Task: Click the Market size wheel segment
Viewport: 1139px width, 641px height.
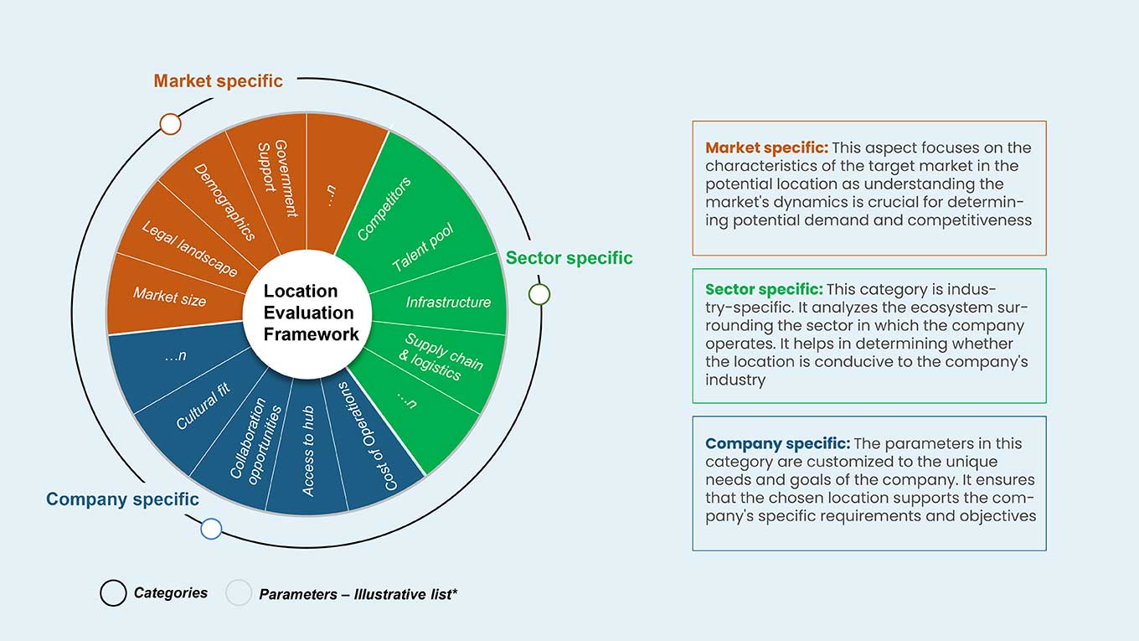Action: click(x=169, y=297)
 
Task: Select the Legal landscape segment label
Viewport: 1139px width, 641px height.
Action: click(x=189, y=249)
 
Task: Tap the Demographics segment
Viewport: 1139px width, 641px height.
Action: click(x=224, y=201)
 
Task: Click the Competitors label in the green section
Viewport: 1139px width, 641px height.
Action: click(x=384, y=209)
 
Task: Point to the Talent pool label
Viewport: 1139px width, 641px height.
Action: click(x=423, y=247)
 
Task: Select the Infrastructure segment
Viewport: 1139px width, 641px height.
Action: click(x=448, y=302)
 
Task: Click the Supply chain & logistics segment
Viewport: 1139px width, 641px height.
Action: click(x=441, y=357)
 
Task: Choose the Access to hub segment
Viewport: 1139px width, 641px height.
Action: click(x=308, y=451)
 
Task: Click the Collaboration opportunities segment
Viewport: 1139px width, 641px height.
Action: click(x=255, y=442)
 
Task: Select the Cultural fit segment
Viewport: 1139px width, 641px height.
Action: click(x=203, y=406)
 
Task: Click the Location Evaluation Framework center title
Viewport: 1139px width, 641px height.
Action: click(x=311, y=313)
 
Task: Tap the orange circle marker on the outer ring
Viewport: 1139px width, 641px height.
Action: click(x=170, y=124)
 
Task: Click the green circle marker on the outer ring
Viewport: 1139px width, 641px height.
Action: click(x=539, y=294)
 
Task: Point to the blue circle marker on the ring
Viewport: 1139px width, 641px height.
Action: click(x=211, y=529)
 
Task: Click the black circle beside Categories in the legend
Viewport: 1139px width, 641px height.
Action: click(x=113, y=592)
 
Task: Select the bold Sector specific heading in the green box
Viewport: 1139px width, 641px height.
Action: click(x=764, y=289)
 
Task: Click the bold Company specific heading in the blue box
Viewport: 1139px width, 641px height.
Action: click(x=777, y=443)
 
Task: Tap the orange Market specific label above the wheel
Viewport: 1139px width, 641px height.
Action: click(x=218, y=81)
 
